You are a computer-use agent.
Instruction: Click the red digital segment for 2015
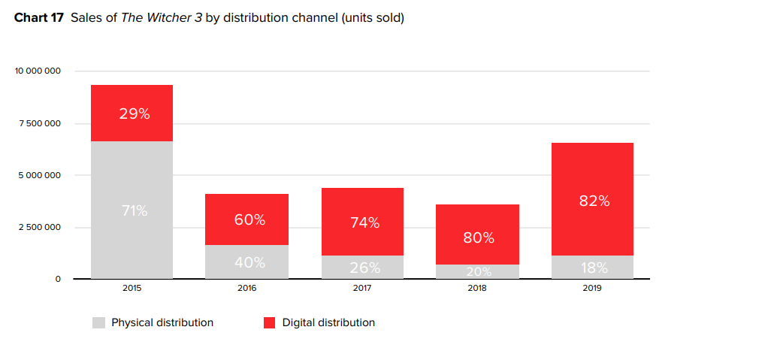(x=132, y=113)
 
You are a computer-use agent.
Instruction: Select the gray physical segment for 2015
(x=132, y=210)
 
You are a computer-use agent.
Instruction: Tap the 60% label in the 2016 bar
(x=249, y=219)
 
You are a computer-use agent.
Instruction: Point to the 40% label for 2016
(x=249, y=262)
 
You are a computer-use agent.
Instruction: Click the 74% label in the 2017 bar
(x=364, y=222)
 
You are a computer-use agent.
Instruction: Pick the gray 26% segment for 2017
(x=364, y=268)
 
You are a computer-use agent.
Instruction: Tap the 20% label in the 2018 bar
(x=479, y=271)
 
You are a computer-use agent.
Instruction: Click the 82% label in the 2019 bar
(x=594, y=201)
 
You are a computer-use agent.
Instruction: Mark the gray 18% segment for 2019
(x=594, y=268)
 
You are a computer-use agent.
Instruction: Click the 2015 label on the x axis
(x=132, y=289)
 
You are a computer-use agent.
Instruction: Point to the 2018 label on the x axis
(x=479, y=289)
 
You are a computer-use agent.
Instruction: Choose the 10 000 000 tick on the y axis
(x=38, y=71)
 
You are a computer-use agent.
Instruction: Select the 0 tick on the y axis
(x=58, y=279)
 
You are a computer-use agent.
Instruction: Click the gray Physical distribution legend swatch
(x=98, y=323)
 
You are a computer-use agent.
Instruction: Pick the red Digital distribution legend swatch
(x=269, y=323)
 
